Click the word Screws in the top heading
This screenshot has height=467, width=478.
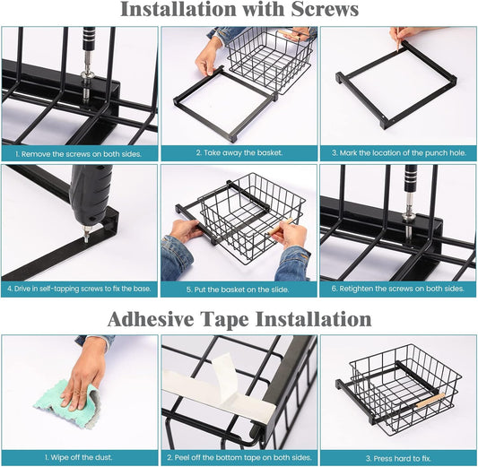[325, 9]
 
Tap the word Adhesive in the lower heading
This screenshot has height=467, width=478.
[151, 319]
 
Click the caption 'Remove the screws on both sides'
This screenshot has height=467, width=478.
[79, 154]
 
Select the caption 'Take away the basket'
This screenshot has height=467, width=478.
[239, 152]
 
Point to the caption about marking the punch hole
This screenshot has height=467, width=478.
[399, 152]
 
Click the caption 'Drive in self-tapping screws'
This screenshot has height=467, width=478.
[79, 289]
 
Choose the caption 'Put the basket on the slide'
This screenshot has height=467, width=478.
[238, 290]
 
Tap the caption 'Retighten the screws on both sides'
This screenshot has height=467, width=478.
[398, 289]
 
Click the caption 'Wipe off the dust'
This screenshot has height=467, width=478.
[79, 457]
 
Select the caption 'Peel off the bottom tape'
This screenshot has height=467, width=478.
[239, 457]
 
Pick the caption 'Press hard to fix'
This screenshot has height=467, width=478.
[398, 458]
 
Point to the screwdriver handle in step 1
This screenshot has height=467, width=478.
[89, 39]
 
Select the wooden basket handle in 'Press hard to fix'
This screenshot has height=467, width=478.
[430, 401]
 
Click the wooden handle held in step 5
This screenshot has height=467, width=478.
[280, 226]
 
